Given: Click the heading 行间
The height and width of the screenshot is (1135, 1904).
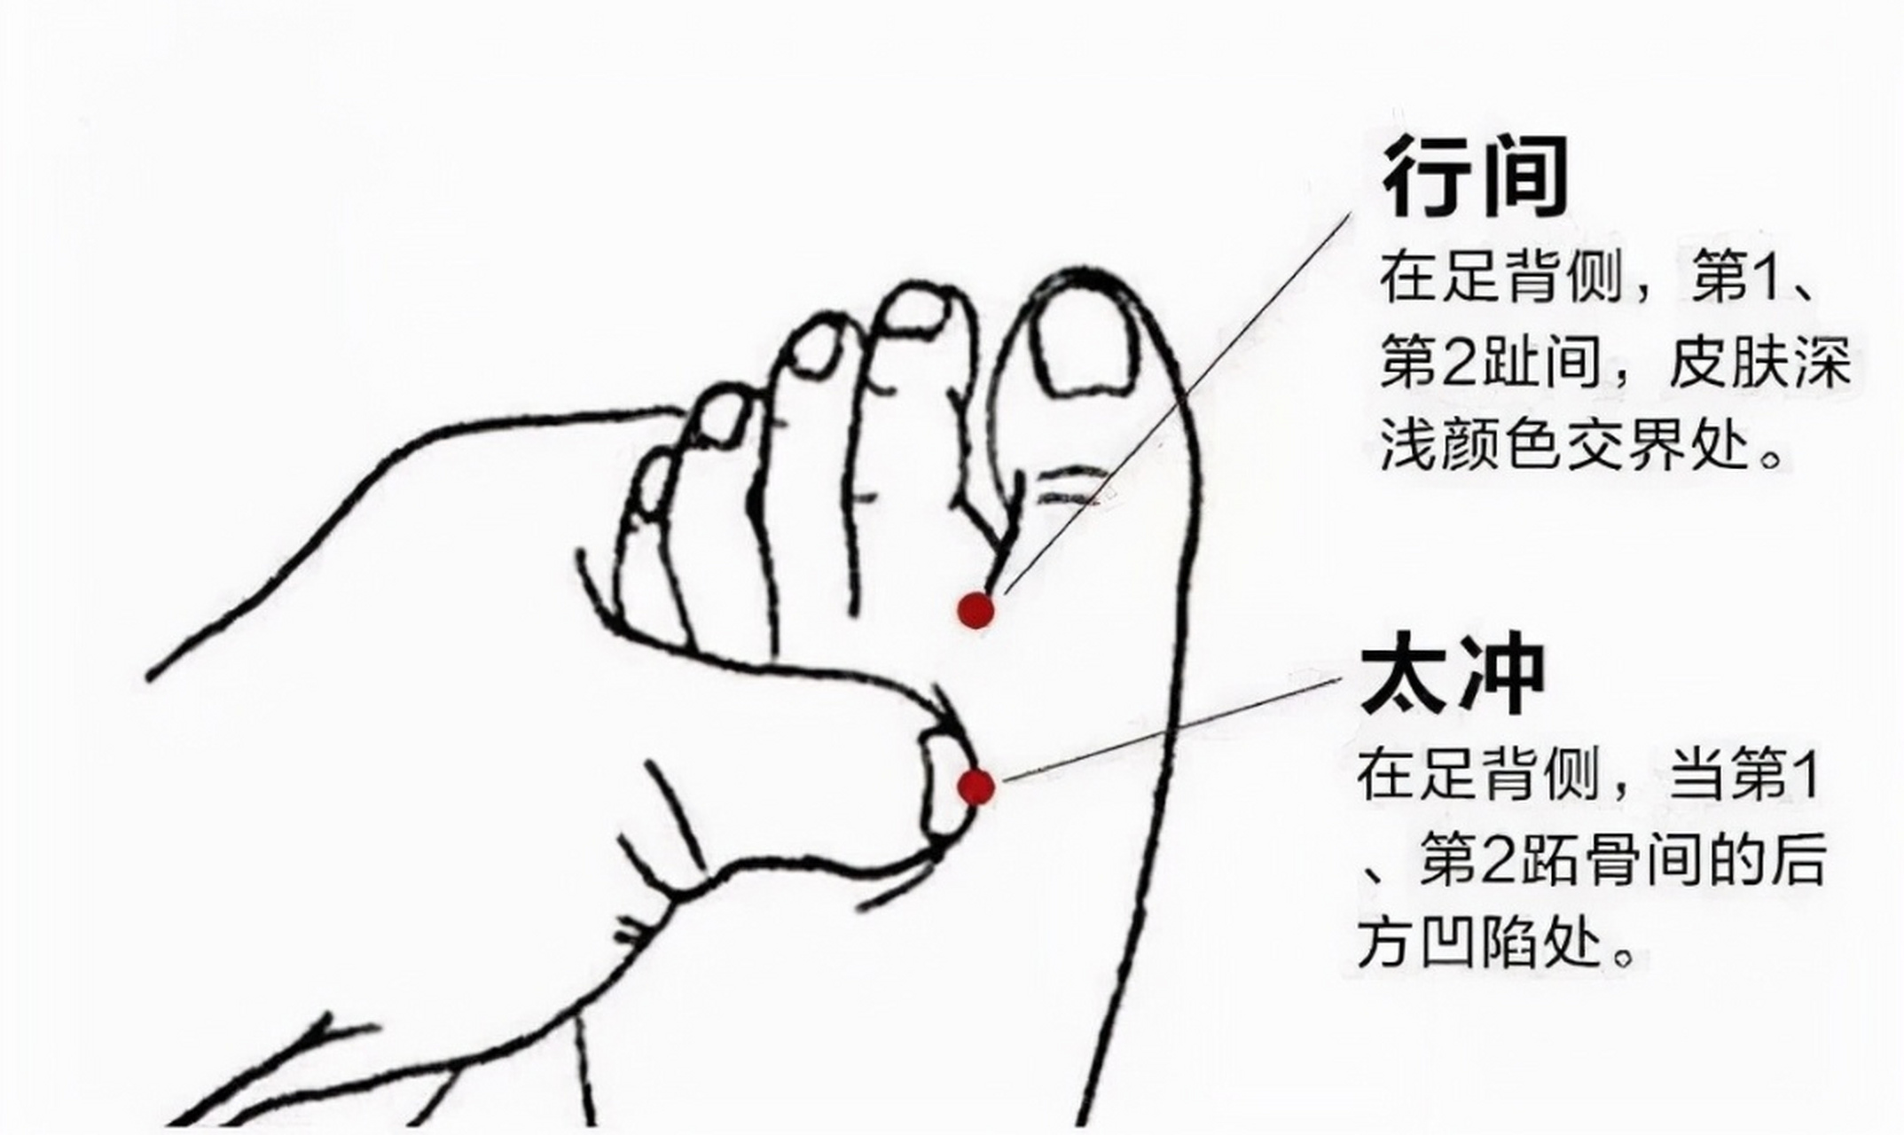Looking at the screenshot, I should pos(1475,177).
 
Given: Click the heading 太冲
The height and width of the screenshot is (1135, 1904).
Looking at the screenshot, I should pos(1453,674).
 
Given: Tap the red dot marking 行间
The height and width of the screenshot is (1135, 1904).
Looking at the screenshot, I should pos(976,610).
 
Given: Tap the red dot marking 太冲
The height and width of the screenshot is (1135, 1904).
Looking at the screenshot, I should pos(976,786).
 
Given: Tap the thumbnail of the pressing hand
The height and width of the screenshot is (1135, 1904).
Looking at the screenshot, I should pos(942,785).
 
